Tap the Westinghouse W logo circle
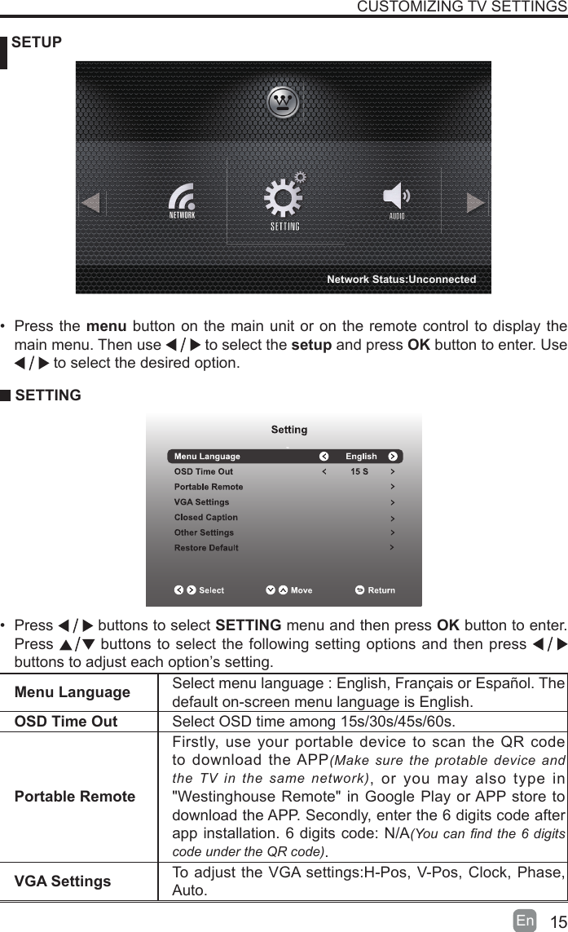pos(284,102)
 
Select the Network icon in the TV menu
pos(182,201)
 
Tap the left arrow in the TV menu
pos(91,201)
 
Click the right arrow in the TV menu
pos(476,201)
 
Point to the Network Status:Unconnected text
pos(401,280)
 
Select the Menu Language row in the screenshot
pos(207,457)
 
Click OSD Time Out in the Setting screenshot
pos(204,471)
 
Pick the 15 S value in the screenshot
pos(359,471)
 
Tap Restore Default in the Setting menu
pos(206,548)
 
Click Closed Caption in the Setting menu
pos(206,517)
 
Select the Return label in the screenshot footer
pos(381,590)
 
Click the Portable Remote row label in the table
pos(75,797)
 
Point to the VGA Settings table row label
pos(63,881)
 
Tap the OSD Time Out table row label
pos(66,722)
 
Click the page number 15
pos(557,922)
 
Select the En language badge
pos(526,921)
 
